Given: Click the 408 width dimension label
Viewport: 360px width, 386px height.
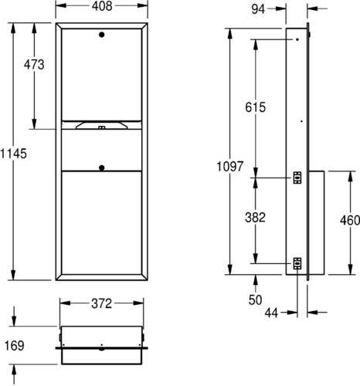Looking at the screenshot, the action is point(102,5).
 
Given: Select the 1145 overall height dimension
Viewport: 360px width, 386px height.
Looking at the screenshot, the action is point(13,154).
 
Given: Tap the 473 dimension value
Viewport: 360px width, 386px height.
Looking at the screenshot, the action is point(34,64).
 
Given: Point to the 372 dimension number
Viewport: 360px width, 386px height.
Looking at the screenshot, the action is point(101,303).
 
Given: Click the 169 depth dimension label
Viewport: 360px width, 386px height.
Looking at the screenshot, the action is point(15,346).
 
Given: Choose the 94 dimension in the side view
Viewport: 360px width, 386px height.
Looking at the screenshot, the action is point(258,9).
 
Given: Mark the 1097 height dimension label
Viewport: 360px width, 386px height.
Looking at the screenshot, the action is point(229,166).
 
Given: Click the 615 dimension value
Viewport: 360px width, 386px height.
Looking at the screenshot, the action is point(255,107).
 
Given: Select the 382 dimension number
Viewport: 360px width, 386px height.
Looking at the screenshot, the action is point(255,218).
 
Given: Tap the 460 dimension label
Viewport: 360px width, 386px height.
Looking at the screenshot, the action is point(350,221).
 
